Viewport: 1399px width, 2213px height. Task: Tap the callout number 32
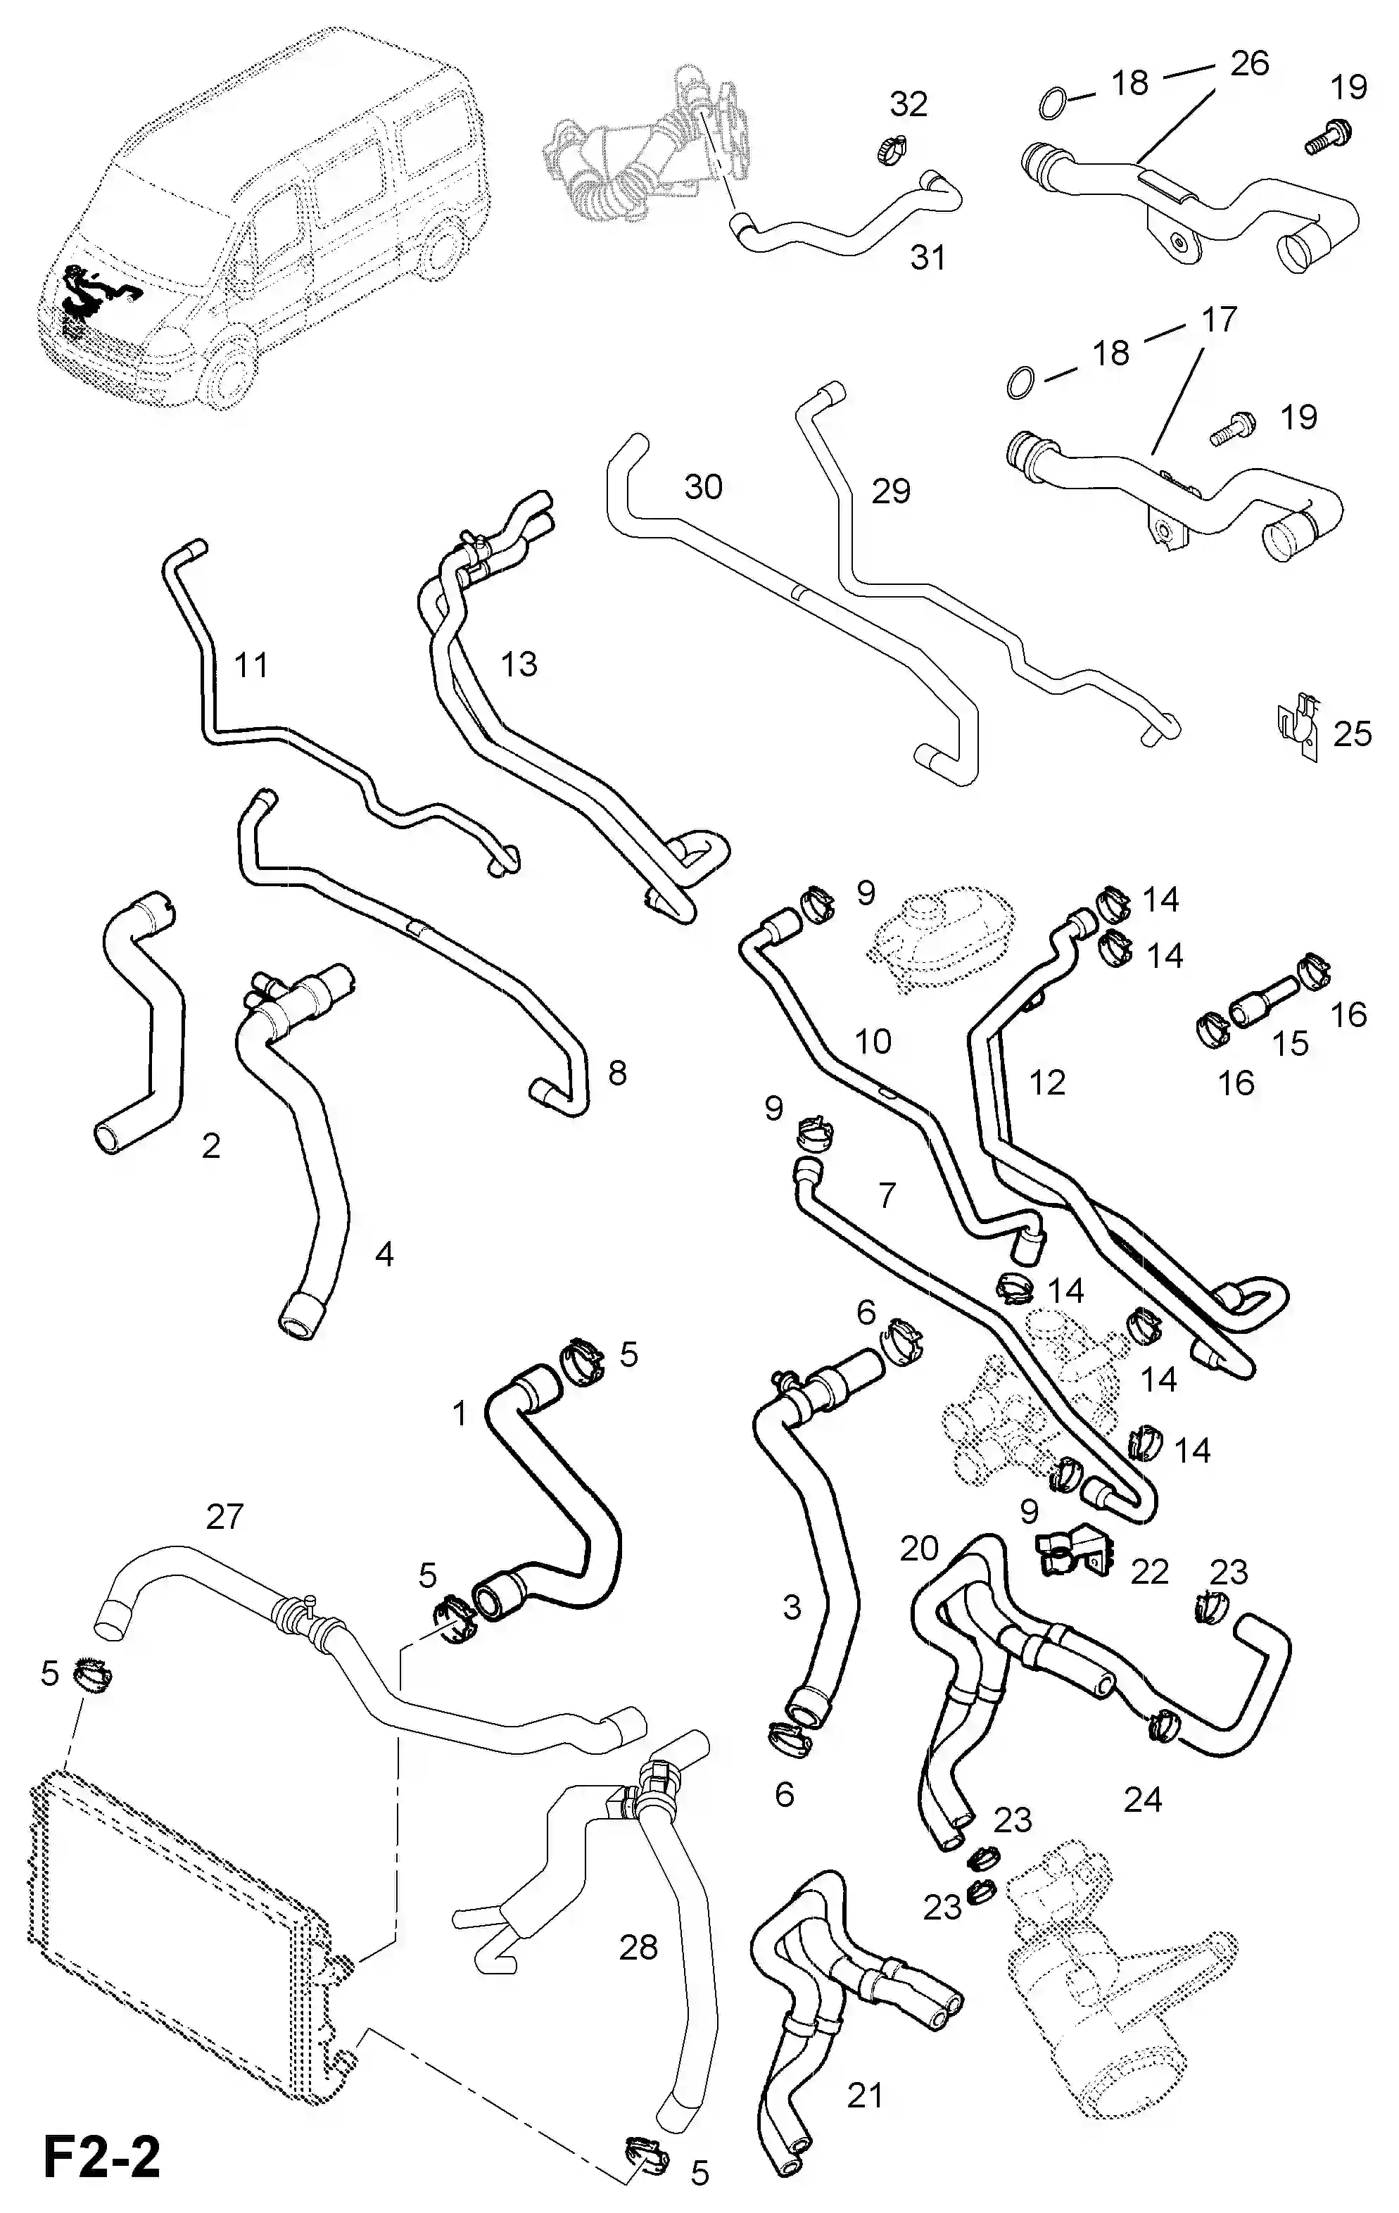pyautogui.click(x=909, y=104)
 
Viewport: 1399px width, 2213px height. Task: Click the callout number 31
pyautogui.click(x=928, y=258)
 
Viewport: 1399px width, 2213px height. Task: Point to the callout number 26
pyautogui.click(x=1249, y=63)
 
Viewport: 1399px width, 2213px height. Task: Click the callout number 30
pyautogui.click(x=703, y=486)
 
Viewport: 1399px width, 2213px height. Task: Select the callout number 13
pyautogui.click(x=519, y=664)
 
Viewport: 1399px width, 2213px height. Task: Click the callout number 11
pyautogui.click(x=251, y=664)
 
